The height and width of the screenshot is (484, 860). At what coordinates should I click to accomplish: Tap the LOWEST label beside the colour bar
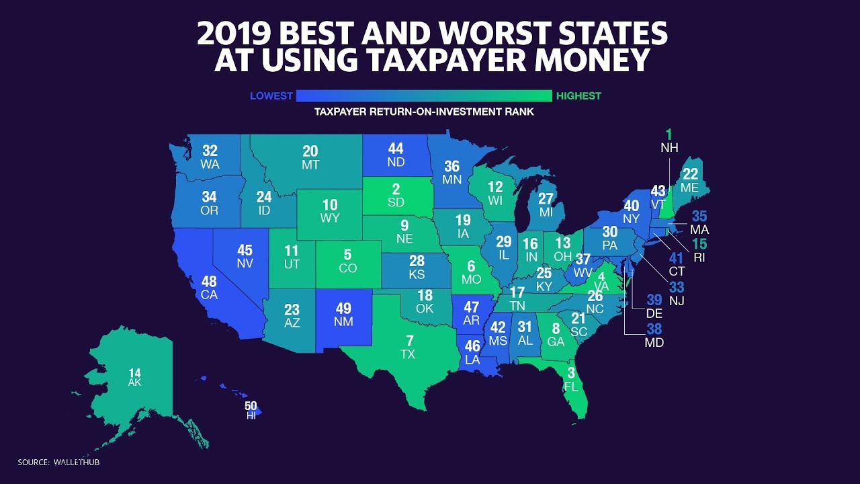tap(271, 96)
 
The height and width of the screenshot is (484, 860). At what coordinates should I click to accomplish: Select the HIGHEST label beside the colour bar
tap(578, 96)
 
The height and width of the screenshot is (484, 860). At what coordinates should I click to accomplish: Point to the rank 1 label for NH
tap(669, 135)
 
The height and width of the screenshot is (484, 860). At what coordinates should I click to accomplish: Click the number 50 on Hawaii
tap(251, 406)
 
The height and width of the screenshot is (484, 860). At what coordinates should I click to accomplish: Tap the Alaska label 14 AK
tap(134, 376)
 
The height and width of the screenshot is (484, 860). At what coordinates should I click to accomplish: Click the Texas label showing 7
tap(409, 346)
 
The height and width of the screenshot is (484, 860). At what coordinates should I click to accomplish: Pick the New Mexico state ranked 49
tap(343, 314)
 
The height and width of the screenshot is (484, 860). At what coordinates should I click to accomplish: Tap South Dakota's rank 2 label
tap(396, 196)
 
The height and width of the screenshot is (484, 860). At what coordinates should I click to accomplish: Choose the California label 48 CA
tap(209, 287)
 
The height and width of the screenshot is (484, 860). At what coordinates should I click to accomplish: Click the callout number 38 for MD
tap(654, 329)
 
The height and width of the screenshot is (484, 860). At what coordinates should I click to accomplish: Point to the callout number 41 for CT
tap(676, 258)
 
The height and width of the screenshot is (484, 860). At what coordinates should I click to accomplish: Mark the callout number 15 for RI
tap(699, 244)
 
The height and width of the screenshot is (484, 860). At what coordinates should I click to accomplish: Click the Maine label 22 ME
tap(690, 180)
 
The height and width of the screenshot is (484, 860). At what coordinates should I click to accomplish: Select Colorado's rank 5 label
tap(347, 261)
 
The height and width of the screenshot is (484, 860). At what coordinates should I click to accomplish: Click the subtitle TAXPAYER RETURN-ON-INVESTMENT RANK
tap(424, 112)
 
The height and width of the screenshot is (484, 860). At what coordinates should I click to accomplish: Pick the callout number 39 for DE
tap(654, 300)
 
